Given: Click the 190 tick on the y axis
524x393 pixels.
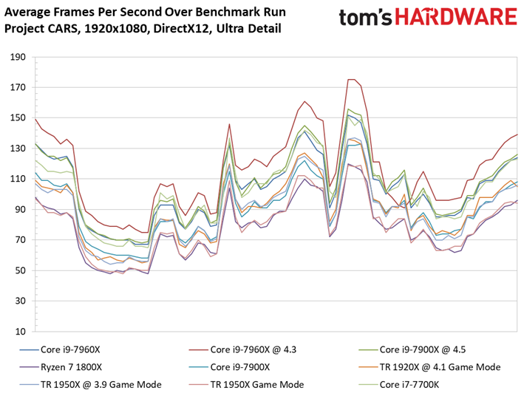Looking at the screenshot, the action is pyautogui.click(x=18, y=57).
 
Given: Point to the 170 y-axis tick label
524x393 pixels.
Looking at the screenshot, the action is pyautogui.click(x=18, y=87).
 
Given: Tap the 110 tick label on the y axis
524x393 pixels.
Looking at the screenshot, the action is pyautogui.click(x=18, y=179).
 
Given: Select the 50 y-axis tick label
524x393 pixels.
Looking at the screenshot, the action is pyautogui.click(x=20, y=270).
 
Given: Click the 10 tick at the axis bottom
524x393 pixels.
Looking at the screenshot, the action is pyautogui.click(x=20, y=332).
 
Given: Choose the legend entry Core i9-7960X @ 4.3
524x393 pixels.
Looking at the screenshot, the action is pyautogui.click(x=242, y=349).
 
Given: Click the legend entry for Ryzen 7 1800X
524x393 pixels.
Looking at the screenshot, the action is pyautogui.click(x=61, y=367).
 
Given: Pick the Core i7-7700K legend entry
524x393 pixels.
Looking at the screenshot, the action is pyautogui.click(x=398, y=384).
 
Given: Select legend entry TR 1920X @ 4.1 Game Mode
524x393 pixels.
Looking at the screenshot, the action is pyautogui.click(x=429, y=367).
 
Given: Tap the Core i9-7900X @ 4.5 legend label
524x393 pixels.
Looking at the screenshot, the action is pyautogui.click(x=412, y=349).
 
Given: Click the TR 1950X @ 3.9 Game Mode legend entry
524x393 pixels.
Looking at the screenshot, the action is pyautogui.click(x=90, y=384).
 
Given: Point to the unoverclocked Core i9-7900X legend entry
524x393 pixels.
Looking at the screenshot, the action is pyautogui.click(x=229, y=367).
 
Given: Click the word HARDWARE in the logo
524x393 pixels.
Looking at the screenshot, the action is pyautogui.click(x=456, y=17).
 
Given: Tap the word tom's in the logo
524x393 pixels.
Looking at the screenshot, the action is pyautogui.click(x=365, y=17).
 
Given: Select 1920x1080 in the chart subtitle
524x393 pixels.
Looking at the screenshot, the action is pyautogui.click(x=115, y=28).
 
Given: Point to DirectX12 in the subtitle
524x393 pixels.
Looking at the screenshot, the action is pyautogui.click(x=181, y=28).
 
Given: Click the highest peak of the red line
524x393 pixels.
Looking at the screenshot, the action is pyautogui.click(x=351, y=79).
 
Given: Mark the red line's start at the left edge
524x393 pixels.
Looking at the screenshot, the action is pyautogui.click(x=35, y=119).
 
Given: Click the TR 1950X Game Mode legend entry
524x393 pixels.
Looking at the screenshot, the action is pyautogui.click(x=246, y=384).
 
